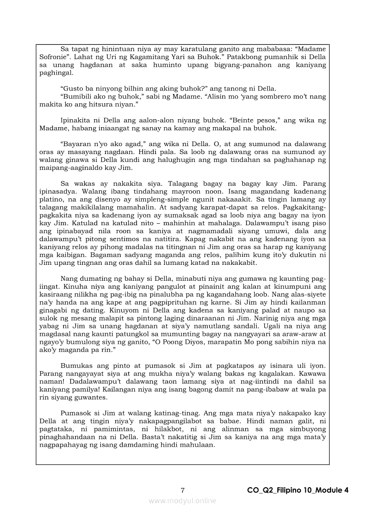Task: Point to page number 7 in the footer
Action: [182, 490]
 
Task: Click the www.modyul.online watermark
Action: [182, 500]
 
